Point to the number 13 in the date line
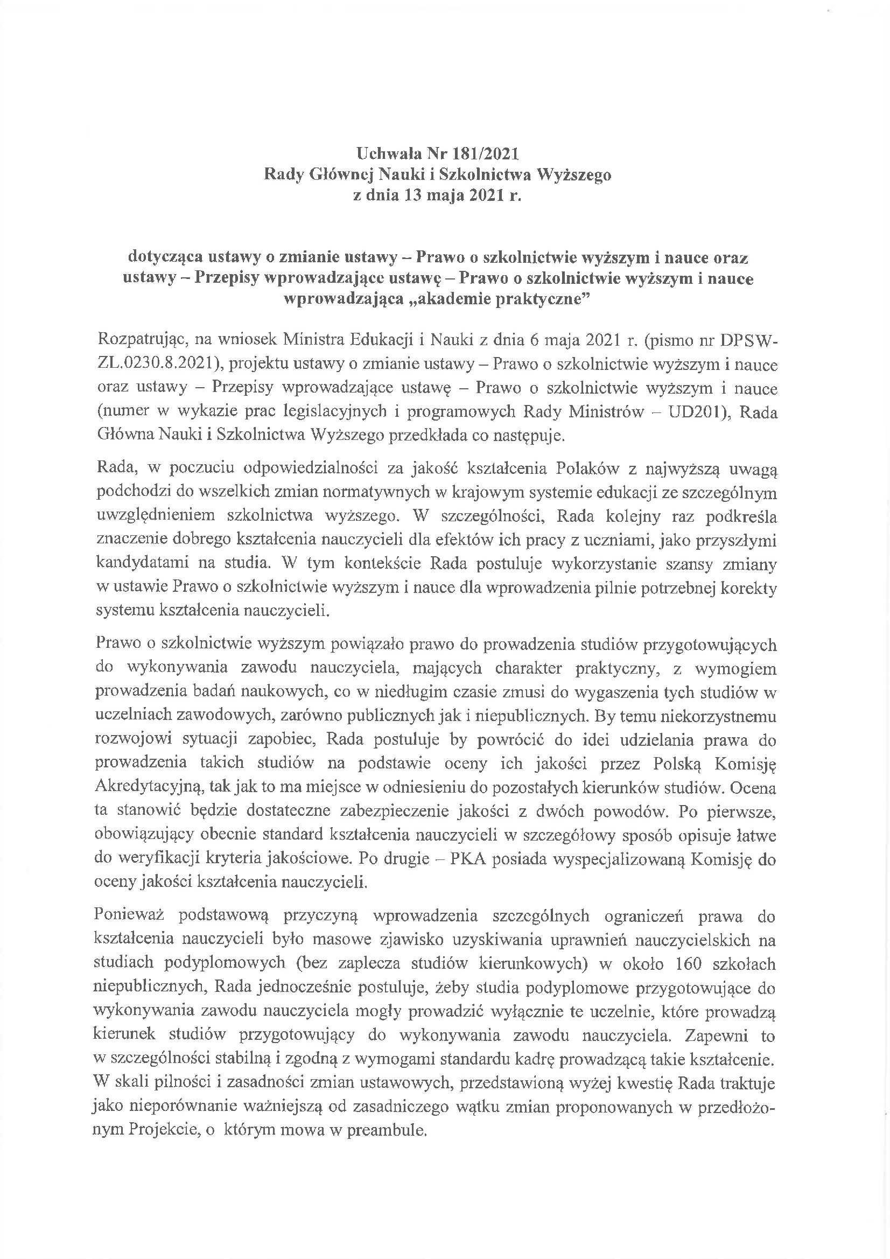coord(414,196)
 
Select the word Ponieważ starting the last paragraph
coord(129,916)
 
